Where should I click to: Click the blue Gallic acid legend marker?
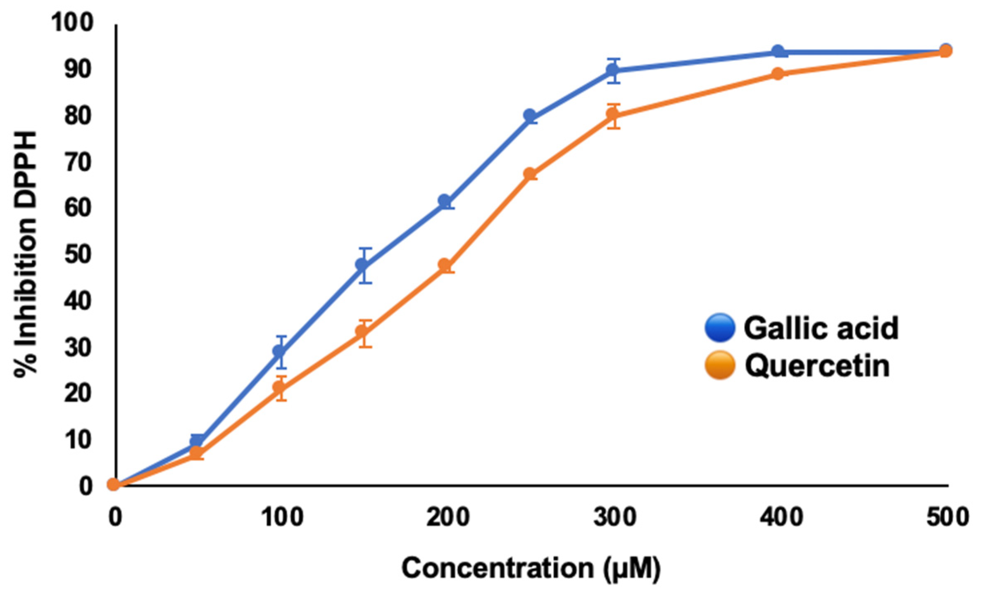[x=720, y=327]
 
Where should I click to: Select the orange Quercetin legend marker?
[x=720, y=365]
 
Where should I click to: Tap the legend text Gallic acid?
[x=821, y=328]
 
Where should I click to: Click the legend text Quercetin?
[x=817, y=366]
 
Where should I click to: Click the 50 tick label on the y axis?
[x=78, y=254]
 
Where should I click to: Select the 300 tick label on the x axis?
[x=614, y=517]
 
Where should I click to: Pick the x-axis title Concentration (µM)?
[x=531, y=568]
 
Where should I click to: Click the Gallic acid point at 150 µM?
[x=363, y=265]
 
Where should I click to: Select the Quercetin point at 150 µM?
[x=363, y=332]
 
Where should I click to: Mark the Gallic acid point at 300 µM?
[x=613, y=71]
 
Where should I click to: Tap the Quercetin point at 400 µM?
[x=778, y=74]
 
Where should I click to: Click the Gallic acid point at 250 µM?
[x=530, y=116]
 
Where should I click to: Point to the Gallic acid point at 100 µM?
[x=280, y=351]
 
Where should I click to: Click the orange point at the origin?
[x=114, y=484]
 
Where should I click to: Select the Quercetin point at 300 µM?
[x=613, y=114]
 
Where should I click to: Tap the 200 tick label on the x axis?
[x=448, y=517]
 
